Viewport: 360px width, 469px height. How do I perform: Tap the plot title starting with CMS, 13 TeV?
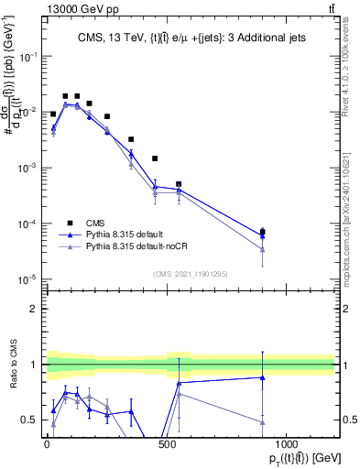pyautogui.click(x=190, y=38)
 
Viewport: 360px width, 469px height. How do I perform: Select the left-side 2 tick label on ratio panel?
pyautogui.click(x=33, y=309)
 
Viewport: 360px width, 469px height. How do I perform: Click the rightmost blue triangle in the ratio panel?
pyautogui.click(x=263, y=377)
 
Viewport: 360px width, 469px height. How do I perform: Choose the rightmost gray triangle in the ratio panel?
pyautogui.click(x=263, y=422)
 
